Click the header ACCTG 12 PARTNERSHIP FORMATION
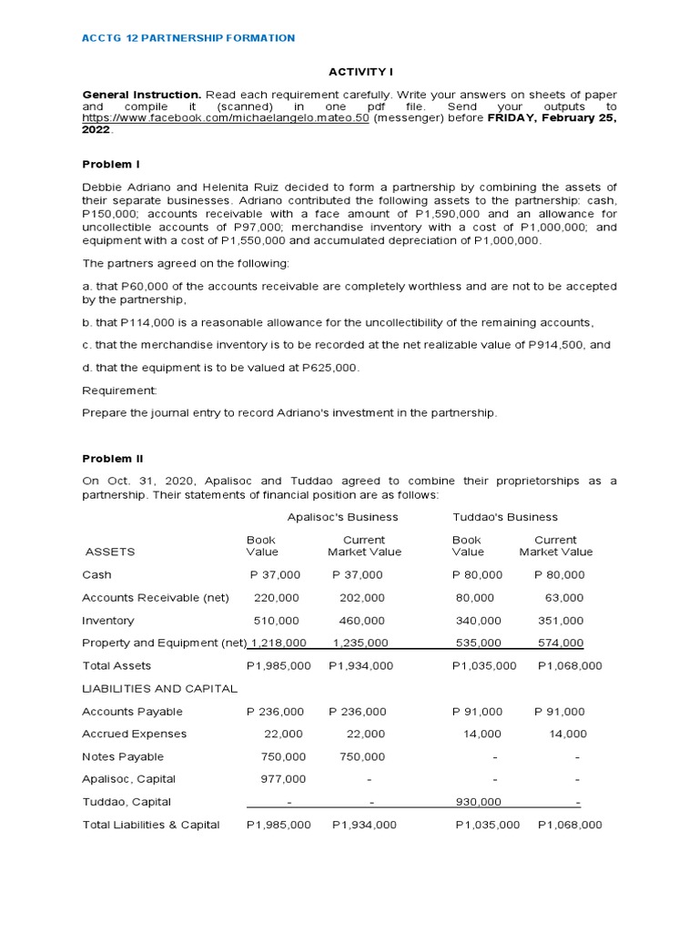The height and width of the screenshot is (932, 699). [x=188, y=38]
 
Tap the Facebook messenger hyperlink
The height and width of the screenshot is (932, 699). [x=226, y=118]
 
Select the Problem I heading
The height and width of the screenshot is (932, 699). [x=111, y=165]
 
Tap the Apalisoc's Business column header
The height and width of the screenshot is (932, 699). [x=343, y=517]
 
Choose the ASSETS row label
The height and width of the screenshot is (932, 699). [x=110, y=552]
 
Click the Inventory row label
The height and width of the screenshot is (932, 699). [x=107, y=621]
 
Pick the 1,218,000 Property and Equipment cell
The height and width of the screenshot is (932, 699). [x=279, y=643]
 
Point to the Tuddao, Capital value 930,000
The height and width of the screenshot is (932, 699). [x=478, y=802]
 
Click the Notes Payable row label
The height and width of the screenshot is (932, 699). [x=123, y=756]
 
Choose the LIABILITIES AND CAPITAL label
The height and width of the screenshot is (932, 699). [x=159, y=689]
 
